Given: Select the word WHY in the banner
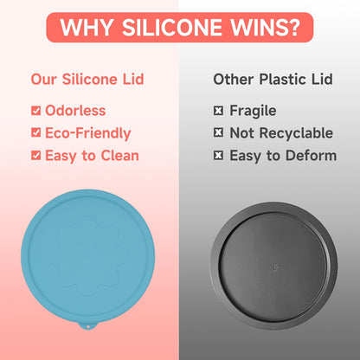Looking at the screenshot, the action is [x=87, y=28].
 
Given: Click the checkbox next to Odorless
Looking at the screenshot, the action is [x=35, y=111].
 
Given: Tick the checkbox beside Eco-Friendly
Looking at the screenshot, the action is [x=35, y=132].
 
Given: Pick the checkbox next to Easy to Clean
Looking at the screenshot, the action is [x=35, y=155].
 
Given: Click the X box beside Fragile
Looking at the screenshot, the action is [x=218, y=111].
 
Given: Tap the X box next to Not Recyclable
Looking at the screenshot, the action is [x=218, y=132].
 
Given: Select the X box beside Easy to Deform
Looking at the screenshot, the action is [x=218, y=155].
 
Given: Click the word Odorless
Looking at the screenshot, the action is [x=75, y=111].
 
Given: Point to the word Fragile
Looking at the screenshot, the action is [x=253, y=111].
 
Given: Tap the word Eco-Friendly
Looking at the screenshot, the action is [x=88, y=133].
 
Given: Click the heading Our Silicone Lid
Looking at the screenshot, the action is [x=87, y=80].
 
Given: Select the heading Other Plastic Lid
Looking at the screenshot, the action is [x=273, y=80].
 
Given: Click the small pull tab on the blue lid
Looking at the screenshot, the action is [x=88, y=326].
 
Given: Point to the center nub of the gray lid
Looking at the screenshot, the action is [x=274, y=267].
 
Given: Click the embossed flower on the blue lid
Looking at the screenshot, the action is [x=88, y=257].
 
